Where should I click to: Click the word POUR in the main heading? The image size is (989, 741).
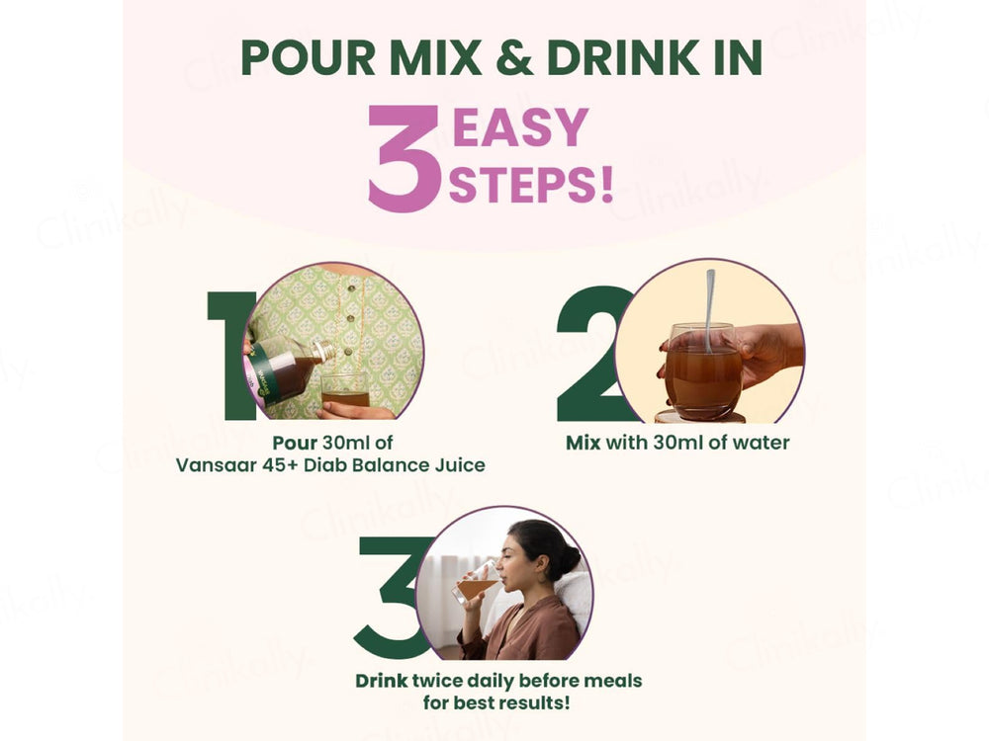[309, 57]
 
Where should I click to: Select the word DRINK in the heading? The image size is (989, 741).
[622, 57]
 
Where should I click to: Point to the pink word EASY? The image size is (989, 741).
[521, 127]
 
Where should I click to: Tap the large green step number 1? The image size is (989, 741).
[230, 356]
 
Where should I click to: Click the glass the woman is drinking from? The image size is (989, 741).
[477, 584]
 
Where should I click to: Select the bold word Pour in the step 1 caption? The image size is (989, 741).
[295, 443]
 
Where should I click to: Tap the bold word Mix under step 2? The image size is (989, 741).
[584, 443]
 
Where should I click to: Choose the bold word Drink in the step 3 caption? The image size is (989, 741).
[382, 681]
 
